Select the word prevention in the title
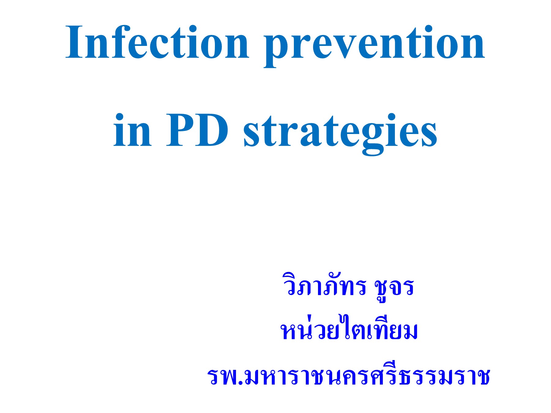(x=374, y=43)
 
